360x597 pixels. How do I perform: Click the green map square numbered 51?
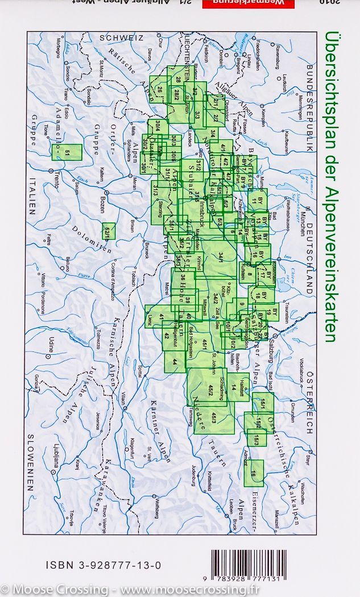[67, 152]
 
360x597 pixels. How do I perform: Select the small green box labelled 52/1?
[109, 231]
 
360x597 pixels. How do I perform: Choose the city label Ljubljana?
[56, 454]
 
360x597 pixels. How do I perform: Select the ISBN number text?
[103, 566]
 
